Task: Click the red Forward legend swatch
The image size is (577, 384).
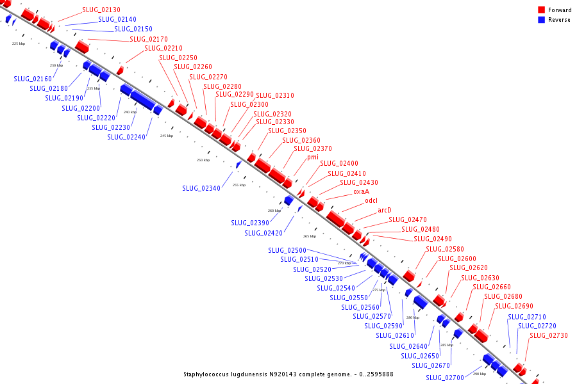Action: pyautogui.click(x=542, y=10)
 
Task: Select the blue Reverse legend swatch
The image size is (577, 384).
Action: pyautogui.click(x=542, y=20)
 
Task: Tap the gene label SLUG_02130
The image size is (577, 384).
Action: pyautogui.click(x=101, y=10)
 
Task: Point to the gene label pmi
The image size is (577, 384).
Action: pyautogui.click(x=312, y=157)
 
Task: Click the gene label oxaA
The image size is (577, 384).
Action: pyautogui.click(x=361, y=191)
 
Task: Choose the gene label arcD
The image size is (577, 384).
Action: pyautogui.click(x=384, y=210)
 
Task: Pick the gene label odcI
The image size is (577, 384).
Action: pyautogui.click(x=371, y=201)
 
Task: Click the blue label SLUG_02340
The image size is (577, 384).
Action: pyautogui.click(x=201, y=189)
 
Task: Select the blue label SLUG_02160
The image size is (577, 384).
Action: pyautogui.click(x=33, y=79)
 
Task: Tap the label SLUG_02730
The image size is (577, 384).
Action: pyautogui.click(x=548, y=335)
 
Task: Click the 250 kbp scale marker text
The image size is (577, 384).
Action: pyautogui.click(x=203, y=160)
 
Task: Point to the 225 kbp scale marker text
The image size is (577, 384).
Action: pyautogui.click(x=19, y=44)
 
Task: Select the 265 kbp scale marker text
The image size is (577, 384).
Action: pyautogui.click(x=310, y=236)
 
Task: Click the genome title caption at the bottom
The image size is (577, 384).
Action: pyautogui.click(x=288, y=374)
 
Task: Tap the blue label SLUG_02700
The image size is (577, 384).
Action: pyautogui.click(x=444, y=378)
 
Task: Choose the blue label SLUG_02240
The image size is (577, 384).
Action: pyautogui.click(x=126, y=137)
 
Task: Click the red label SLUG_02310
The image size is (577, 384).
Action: pyautogui.click(x=275, y=96)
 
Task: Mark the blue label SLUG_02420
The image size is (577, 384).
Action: pyautogui.click(x=263, y=234)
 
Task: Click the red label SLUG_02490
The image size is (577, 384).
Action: pyautogui.click(x=432, y=239)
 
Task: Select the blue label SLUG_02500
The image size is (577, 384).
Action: pyautogui.click(x=287, y=250)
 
